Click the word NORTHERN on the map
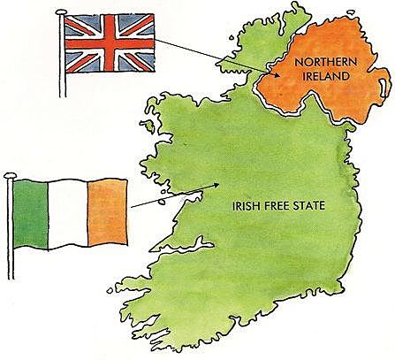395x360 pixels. pyautogui.click(x=327, y=62)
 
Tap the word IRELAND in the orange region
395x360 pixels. pyautogui.click(x=327, y=76)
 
